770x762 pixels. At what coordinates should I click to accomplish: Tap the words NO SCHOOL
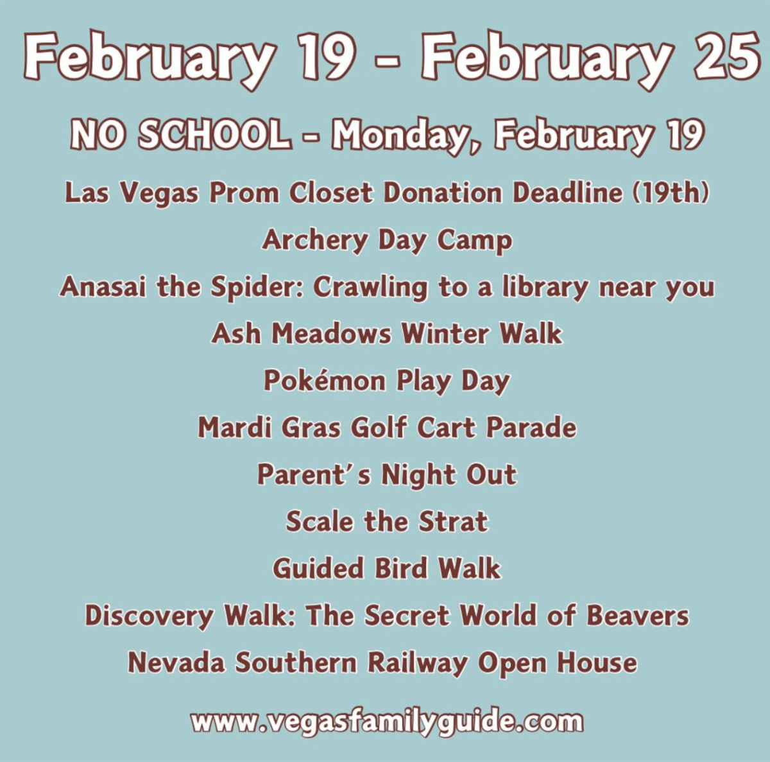[x=180, y=135]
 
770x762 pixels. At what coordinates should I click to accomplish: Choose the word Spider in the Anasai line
[x=257, y=288]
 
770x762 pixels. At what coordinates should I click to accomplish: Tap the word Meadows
[x=331, y=333]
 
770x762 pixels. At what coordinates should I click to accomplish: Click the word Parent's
[x=314, y=474]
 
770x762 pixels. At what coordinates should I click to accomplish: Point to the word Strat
[x=453, y=521]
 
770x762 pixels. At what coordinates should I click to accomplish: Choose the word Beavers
[x=637, y=615]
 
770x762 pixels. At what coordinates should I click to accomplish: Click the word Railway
[x=418, y=663]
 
